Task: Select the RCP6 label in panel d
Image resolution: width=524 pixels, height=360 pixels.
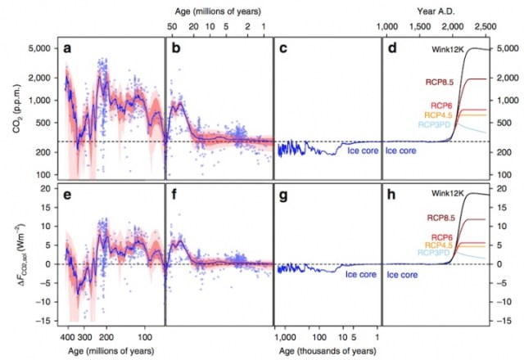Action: coord(444,104)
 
